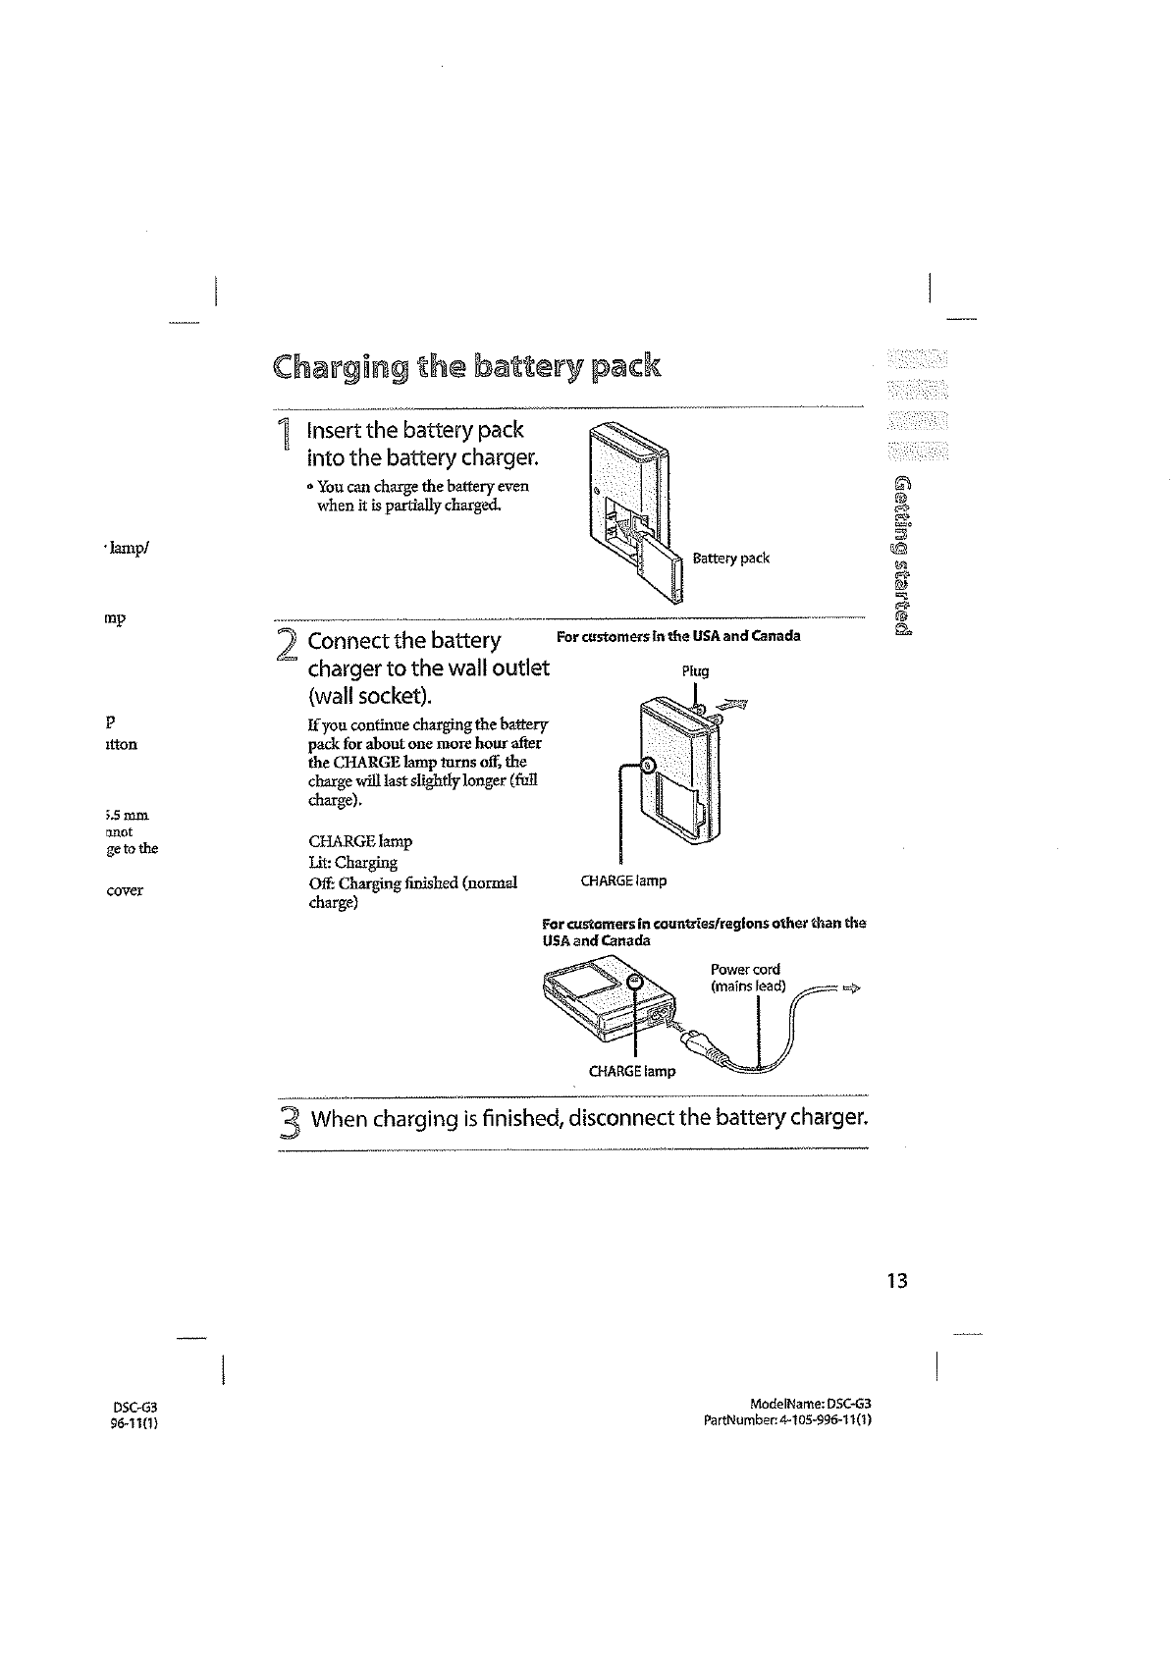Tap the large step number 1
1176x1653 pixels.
[x=284, y=435]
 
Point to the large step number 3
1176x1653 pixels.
[x=288, y=1120]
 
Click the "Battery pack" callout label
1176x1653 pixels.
[x=730, y=559]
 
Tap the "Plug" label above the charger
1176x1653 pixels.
[x=695, y=671]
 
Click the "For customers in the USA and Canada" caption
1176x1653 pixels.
[x=678, y=636]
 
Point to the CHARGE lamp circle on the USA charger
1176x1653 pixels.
[x=648, y=767]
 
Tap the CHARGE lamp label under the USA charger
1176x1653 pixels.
[x=623, y=880]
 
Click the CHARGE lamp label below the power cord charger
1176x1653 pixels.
[x=631, y=1071]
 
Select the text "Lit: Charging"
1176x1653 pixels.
[x=352, y=863]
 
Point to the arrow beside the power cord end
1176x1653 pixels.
[x=850, y=988]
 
